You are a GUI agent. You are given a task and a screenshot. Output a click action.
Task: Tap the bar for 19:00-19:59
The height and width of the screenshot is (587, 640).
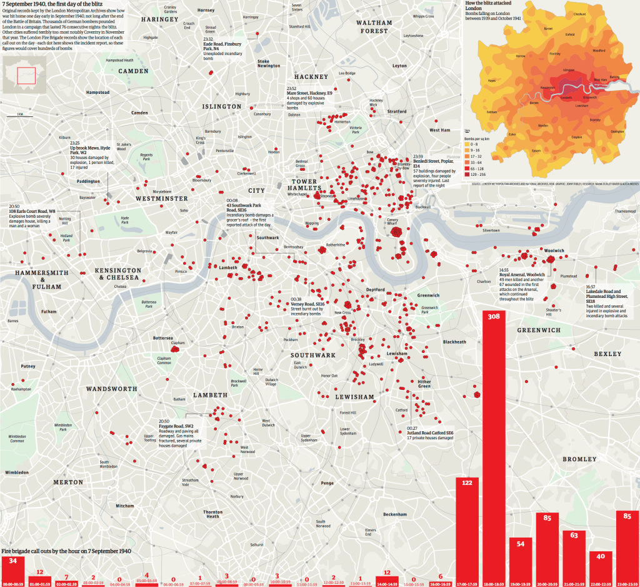click(x=521, y=561)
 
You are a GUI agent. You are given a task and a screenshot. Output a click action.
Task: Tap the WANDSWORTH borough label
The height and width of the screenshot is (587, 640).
click(x=111, y=389)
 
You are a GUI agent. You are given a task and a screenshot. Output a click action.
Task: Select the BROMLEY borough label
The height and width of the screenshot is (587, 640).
click(x=579, y=459)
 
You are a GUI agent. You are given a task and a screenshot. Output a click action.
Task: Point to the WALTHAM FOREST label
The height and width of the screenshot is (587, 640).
click(x=374, y=26)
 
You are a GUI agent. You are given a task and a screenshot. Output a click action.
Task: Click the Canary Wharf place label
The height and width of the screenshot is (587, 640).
click(x=392, y=205)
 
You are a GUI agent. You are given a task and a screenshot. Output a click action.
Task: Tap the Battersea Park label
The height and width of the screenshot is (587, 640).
click(x=148, y=304)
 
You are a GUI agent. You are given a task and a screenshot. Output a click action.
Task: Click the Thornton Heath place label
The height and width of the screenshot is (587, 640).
click(x=213, y=514)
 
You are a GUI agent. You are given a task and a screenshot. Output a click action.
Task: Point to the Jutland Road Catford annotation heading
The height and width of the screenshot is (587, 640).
click(x=430, y=432)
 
